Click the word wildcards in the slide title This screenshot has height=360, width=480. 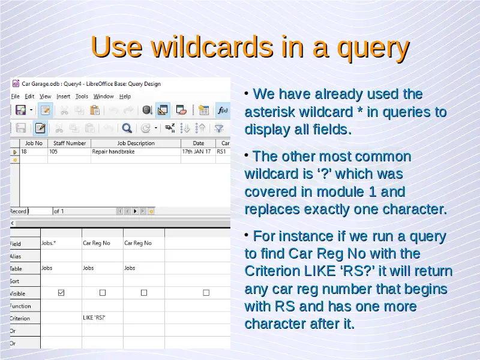point(212,47)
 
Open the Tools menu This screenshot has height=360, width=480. point(82,97)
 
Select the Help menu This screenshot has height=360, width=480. point(125,97)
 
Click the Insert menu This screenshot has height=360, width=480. point(64,97)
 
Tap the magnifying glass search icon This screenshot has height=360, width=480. point(127,128)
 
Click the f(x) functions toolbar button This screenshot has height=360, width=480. point(223,110)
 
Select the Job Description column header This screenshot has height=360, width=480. point(136,143)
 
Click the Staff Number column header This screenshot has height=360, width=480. point(70,143)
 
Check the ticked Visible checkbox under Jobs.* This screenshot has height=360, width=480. point(61,293)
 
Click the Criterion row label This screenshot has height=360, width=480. point(20,319)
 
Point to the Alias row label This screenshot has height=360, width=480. point(16,256)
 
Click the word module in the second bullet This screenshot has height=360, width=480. point(340,192)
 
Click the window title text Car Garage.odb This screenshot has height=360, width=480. point(41,84)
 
